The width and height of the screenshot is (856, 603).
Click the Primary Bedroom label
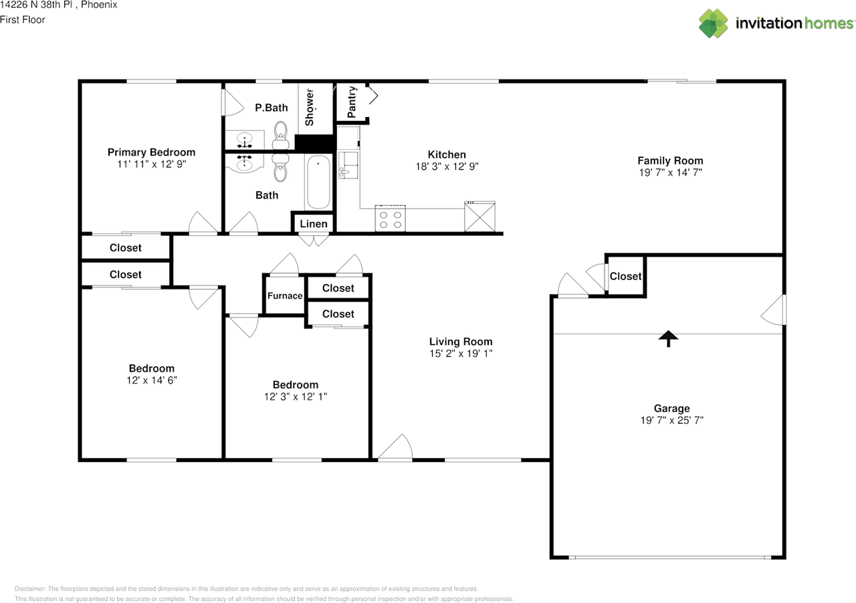pyautogui.click(x=151, y=152)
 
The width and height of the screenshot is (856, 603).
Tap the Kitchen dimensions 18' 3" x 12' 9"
pyautogui.click(x=447, y=166)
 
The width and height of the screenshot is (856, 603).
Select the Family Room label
pyautogui.click(x=670, y=160)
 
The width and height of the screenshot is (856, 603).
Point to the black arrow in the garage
pyautogui.click(x=668, y=338)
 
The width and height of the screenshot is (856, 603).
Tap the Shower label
pyautogui.click(x=309, y=108)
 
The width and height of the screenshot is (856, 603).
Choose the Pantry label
pyautogui.click(x=352, y=102)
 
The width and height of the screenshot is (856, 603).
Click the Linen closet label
pyautogui.click(x=314, y=224)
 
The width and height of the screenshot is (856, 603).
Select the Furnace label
pyautogui.click(x=285, y=295)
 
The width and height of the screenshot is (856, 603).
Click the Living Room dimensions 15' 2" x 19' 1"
pyautogui.click(x=461, y=354)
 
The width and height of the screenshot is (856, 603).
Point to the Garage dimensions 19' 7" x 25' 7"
pyautogui.click(x=672, y=420)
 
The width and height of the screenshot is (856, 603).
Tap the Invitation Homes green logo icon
pyautogui.click(x=714, y=23)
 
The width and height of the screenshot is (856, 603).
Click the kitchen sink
pyautogui.click(x=348, y=165)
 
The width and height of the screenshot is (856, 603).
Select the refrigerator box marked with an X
pyautogui.click(x=479, y=217)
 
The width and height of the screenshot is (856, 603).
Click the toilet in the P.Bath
pyautogui.click(x=280, y=136)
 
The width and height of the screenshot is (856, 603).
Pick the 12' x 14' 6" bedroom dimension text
pyautogui.click(x=152, y=380)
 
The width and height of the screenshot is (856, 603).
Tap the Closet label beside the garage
pyautogui.click(x=625, y=276)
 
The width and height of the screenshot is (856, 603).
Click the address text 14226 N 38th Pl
pyautogui.click(x=36, y=5)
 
